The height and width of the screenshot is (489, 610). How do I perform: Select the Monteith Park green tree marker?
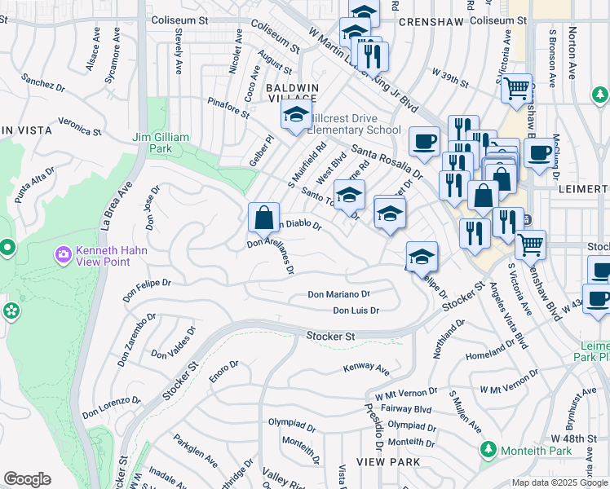tap(488, 450)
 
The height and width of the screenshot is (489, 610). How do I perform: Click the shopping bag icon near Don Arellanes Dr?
tap(263, 218)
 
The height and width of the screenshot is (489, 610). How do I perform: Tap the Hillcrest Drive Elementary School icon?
tap(296, 115)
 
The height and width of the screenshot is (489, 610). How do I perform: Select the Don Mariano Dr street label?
tap(338, 294)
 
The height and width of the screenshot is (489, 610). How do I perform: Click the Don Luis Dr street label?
tap(356, 311)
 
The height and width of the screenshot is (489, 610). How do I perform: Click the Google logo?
tap(27, 479)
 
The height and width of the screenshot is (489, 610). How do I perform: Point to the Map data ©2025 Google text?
tap(559, 482)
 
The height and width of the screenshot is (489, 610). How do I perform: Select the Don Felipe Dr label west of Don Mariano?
tap(148, 285)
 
